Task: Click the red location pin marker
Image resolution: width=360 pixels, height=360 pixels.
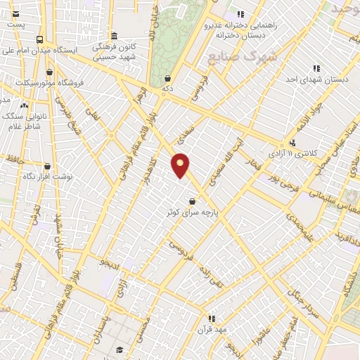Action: tap(181, 165)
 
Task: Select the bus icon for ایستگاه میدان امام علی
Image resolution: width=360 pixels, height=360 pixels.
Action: tap(39, 40)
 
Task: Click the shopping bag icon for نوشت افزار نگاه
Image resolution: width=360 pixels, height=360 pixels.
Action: tap(47, 167)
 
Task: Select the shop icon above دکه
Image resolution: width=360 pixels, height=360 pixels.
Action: tap(167, 79)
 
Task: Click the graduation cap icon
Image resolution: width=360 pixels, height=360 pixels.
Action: tap(120, 350)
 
